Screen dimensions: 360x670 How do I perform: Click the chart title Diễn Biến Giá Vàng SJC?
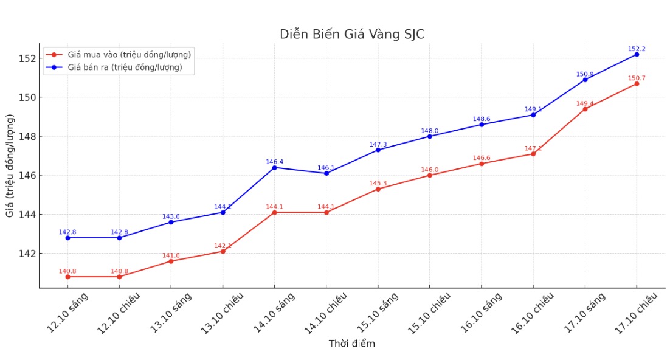click(x=352, y=34)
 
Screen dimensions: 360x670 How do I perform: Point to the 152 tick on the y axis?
click(x=27, y=58)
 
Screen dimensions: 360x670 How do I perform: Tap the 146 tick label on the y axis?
click(x=27, y=175)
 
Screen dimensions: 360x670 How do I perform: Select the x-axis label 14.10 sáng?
click(x=274, y=312)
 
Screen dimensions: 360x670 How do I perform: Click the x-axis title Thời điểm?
click(x=352, y=344)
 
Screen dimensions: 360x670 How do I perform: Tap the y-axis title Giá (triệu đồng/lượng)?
click(x=10, y=165)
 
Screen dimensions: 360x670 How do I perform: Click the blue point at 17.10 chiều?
click(x=637, y=54)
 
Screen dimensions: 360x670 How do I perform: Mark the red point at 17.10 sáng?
click(x=585, y=109)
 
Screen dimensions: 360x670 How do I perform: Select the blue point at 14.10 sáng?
click(x=274, y=167)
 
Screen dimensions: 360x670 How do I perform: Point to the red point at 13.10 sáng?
click(x=171, y=261)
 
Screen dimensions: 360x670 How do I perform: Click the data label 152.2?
click(x=637, y=49)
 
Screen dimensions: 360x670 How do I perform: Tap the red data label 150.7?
click(x=637, y=78)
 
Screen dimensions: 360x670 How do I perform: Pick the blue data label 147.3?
click(x=378, y=144)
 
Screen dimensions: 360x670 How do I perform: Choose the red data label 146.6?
click(x=482, y=158)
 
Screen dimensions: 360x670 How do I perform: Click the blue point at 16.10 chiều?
click(x=533, y=115)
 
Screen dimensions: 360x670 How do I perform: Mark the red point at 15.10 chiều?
click(x=430, y=175)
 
